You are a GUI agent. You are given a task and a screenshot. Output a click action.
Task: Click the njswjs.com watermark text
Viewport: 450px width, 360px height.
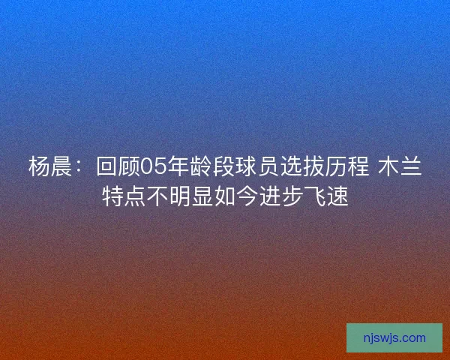pyautogui.click(x=394, y=338)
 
